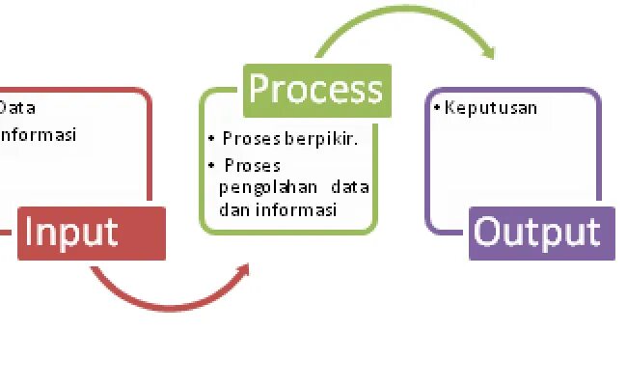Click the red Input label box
pyautogui.click(x=91, y=233)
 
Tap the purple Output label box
pyautogui.click(x=541, y=233)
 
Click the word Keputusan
pyautogui.click(x=491, y=108)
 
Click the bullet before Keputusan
pyautogui.click(x=437, y=107)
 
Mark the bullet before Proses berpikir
pyautogui.click(x=211, y=139)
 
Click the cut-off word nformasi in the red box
pyautogui.click(x=38, y=134)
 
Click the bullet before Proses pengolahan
pyautogui.click(x=211, y=165)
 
